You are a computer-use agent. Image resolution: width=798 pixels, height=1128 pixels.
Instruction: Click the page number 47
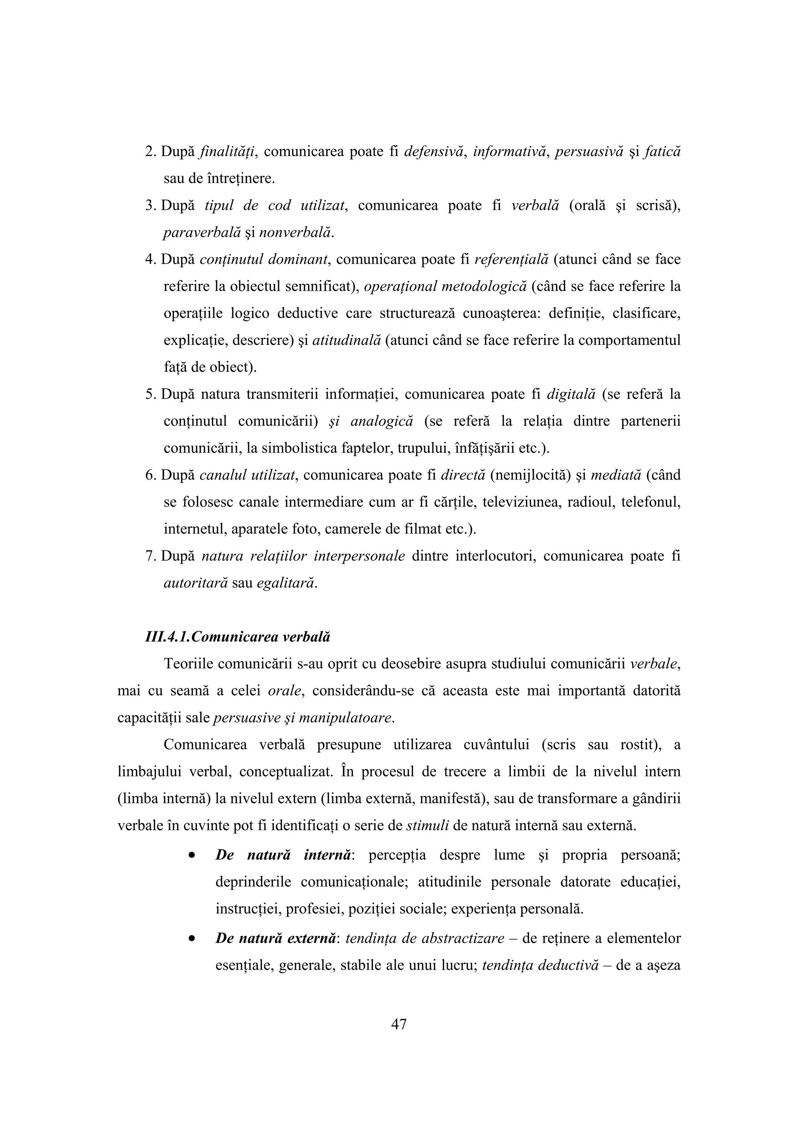tap(399, 1024)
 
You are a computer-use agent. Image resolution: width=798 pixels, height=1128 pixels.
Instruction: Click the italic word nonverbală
tap(295, 232)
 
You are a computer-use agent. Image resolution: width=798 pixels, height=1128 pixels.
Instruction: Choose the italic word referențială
tap(511, 259)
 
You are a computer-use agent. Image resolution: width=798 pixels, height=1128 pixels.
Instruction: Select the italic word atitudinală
tap(347, 340)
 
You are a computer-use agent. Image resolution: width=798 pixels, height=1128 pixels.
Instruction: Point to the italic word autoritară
tap(195, 583)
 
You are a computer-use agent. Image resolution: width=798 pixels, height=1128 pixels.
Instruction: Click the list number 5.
tap(150, 394)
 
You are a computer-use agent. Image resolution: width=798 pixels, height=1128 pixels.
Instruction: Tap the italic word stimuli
tap(428, 825)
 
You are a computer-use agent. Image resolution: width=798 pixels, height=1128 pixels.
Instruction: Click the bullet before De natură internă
tap(192, 855)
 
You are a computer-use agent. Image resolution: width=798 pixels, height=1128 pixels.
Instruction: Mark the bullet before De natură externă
tap(192, 939)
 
